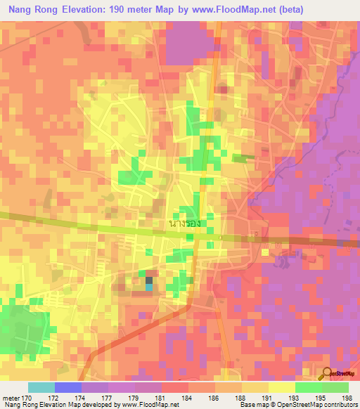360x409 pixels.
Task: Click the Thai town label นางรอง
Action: pyautogui.click(x=186, y=223)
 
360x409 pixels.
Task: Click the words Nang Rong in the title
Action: pyautogui.click(x=32, y=10)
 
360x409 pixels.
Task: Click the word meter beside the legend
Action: pyautogui.click(x=10, y=397)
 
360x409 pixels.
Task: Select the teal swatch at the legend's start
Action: pyautogui.click(x=41, y=387)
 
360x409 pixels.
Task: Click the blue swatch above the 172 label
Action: pyautogui.click(x=67, y=387)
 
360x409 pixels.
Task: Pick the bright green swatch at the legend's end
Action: pyautogui.click(x=335, y=387)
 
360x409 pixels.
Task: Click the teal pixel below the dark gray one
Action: pyautogui.click(x=148, y=285)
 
